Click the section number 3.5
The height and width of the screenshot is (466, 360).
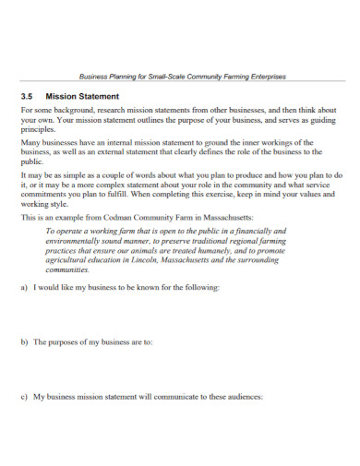pos(27,94)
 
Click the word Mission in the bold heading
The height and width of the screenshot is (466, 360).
pos(66,94)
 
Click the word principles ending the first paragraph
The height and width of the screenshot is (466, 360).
pos(39,130)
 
